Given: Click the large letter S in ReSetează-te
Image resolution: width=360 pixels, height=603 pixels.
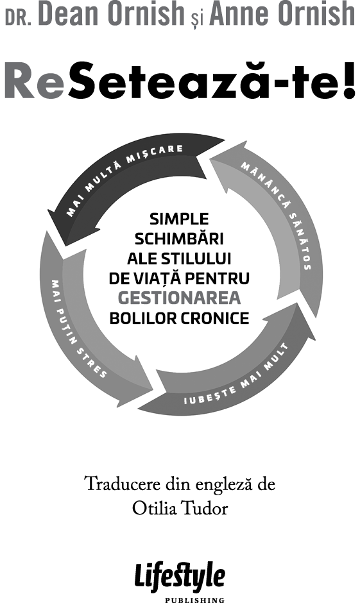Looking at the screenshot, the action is coord(84,80).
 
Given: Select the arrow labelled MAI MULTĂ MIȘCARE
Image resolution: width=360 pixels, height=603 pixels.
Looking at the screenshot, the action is coord(127,181).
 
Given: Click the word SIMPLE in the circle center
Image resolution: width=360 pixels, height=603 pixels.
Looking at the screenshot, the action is coord(179,219).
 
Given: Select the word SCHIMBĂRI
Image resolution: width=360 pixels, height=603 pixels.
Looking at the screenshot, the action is coord(179,239).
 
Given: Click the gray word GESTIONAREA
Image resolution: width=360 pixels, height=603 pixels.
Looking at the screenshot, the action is coord(179,298).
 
